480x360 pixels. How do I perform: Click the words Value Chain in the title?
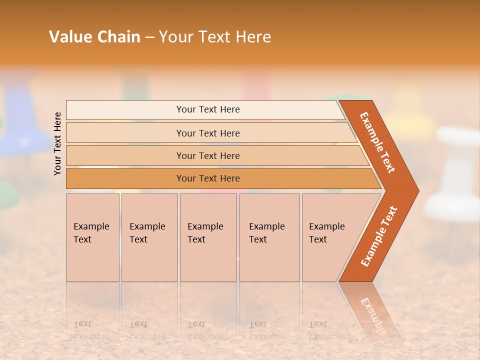click(x=94, y=37)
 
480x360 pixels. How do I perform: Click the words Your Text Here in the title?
click(x=215, y=37)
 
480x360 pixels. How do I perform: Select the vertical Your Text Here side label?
click(x=57, y=143)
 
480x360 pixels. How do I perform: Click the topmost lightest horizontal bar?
click(x=207, y=109)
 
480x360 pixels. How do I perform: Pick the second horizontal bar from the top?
click(x=207, y=133)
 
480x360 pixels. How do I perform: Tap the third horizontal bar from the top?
click(x=207, y=155)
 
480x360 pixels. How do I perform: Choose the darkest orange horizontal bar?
click(x=207, y=178)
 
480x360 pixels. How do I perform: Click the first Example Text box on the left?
click(x=92, y=237)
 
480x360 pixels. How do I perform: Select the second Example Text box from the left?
click(x=149, y=237)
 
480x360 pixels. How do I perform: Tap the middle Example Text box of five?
click(x=208, y=237)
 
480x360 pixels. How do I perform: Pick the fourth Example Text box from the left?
click(x=269, y=237)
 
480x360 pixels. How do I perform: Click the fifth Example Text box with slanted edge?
click(x=330, y=237)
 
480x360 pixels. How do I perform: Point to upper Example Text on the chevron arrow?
click(x=377, y=142)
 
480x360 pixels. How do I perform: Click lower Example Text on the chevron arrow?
click(x=378, y=236)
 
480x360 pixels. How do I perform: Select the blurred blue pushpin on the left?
click(x=22, y=120)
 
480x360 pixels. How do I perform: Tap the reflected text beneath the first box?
click(x=91, y=330)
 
